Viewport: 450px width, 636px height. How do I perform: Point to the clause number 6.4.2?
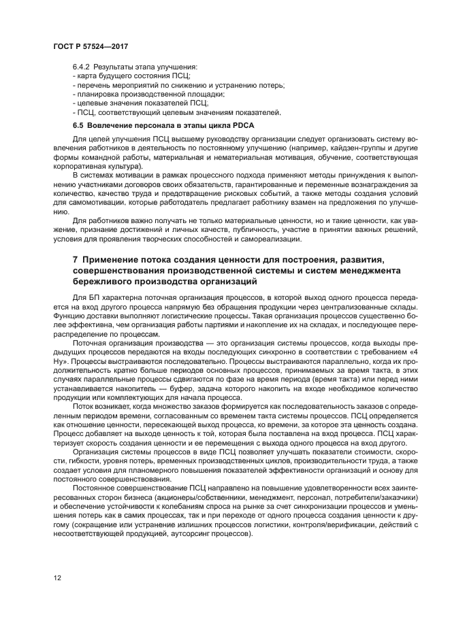coord(82,68)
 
